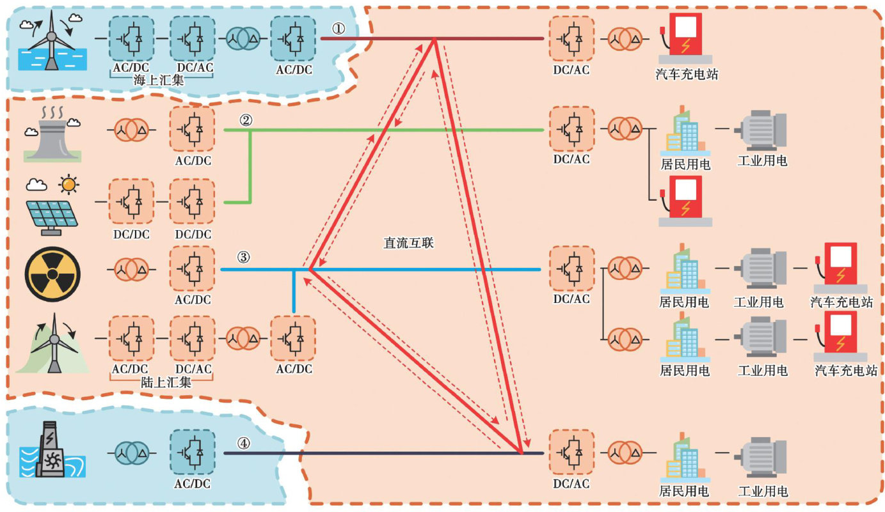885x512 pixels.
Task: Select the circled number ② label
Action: (246, 120)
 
